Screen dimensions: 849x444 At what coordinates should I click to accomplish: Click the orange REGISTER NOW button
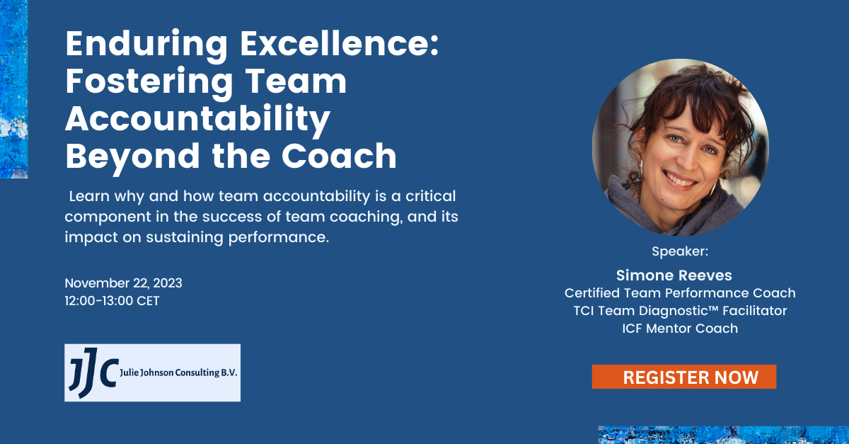[683, 377]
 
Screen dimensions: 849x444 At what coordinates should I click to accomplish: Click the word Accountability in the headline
[198, 118]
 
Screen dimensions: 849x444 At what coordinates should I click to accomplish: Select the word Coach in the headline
[339, 156]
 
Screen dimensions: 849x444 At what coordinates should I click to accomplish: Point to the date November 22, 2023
[124, 283]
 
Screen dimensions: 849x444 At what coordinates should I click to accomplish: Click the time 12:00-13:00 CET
[112, 301]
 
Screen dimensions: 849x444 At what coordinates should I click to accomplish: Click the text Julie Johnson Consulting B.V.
[178, 372]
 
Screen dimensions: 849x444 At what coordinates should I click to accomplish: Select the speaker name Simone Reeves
[674, 275]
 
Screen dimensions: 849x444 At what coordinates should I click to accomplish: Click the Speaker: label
[680, 251]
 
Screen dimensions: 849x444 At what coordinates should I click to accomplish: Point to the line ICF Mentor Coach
[680, 329]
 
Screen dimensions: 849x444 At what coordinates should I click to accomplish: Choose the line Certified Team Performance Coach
[680, 293]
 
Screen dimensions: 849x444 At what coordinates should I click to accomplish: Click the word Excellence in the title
[339, 44]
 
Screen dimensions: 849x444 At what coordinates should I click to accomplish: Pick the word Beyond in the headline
[133, 156]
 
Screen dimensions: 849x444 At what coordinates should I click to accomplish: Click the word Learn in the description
[89, 196]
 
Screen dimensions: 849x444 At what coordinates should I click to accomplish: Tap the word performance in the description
[279, 237]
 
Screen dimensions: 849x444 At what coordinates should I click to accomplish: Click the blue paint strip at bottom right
[724, 436]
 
